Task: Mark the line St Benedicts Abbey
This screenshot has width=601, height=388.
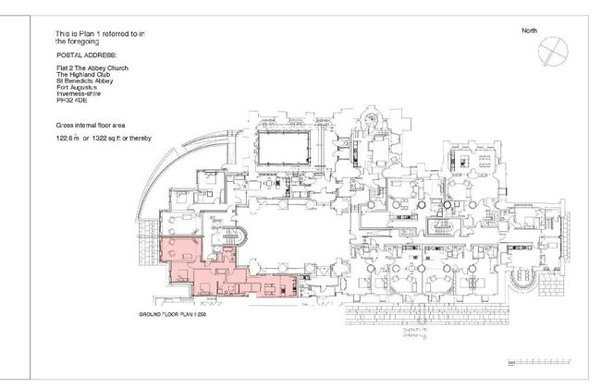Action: point(85,80)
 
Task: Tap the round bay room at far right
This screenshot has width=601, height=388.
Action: point(534,281)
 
